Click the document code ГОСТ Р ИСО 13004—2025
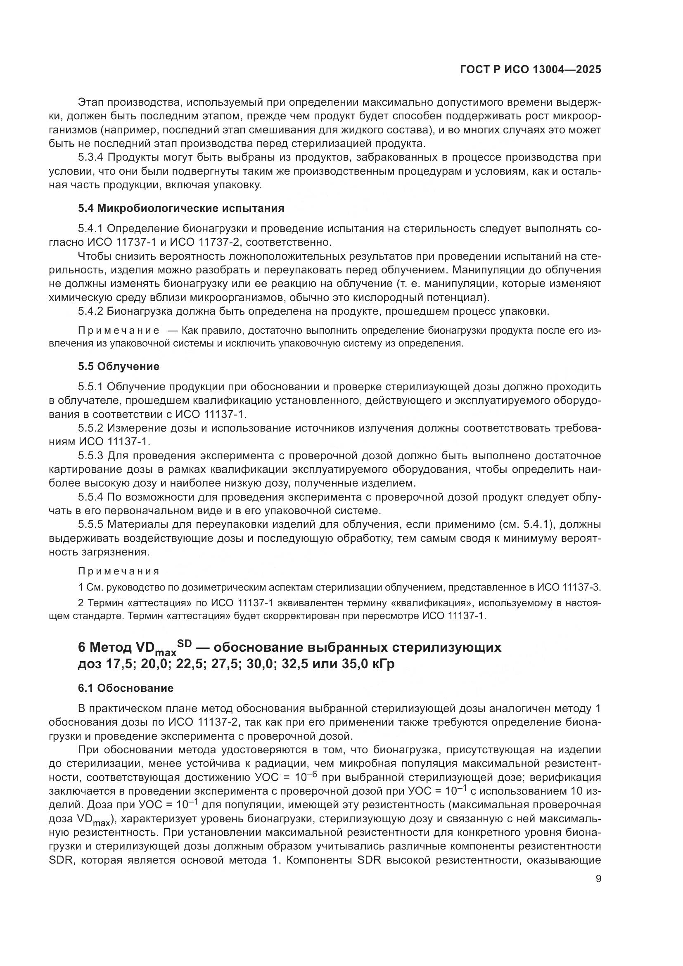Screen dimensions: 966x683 click(x=530, y=70)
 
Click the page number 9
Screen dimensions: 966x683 click(x=598, y=879)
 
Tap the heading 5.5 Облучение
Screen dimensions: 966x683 click(x=119, y=366)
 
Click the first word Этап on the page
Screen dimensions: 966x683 click(x=91, y=102)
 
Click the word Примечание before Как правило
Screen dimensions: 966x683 click(x=119, y=331)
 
